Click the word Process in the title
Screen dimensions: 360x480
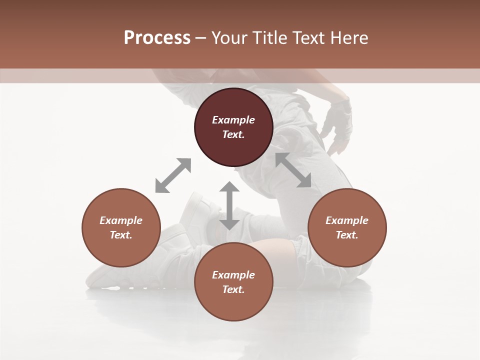(157, 38)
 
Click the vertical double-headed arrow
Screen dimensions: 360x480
(229, 205)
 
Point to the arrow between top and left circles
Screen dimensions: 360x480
(173, 175)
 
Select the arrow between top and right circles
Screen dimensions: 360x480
(293, 170)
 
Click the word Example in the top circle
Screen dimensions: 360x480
(233, 120)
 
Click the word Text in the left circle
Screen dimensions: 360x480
(121, 235)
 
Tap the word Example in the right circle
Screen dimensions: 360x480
(347, 220)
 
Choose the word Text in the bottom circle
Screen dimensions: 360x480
(233, 289)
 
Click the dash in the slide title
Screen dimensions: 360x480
(200, 38)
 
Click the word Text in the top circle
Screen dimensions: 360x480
(233, 134)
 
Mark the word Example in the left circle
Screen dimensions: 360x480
(121, 220)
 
